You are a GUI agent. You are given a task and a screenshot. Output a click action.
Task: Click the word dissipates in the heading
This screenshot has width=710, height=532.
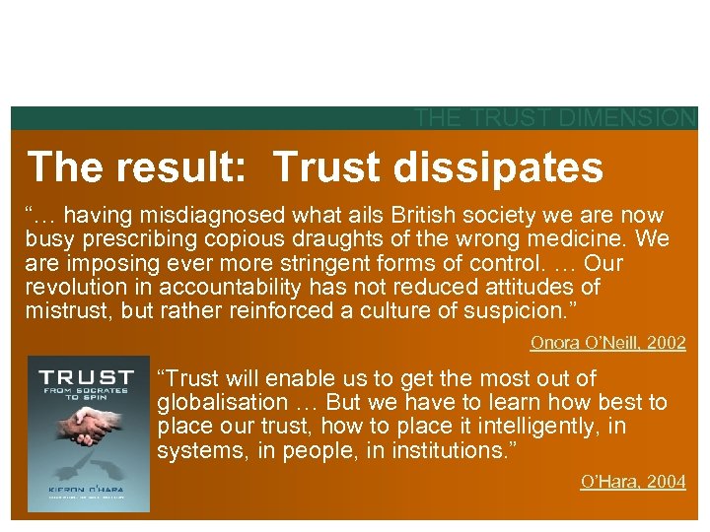tap(498, 168)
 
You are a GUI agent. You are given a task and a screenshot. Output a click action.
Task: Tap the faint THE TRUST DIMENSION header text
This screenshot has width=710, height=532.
tap(555, 118)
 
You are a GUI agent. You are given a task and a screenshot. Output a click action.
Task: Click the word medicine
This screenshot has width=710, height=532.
tap(587, 239)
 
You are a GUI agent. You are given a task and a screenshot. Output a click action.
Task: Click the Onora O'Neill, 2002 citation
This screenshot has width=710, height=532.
tap(607, 343)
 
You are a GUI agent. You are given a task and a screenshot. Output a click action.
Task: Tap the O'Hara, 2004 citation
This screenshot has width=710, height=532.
tap(632, 482)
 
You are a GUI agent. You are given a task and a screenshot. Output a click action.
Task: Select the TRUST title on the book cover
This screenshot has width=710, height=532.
tap(87, 376)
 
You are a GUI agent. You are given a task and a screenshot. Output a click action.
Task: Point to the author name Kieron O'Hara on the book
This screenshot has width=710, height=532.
tap(88, 490)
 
